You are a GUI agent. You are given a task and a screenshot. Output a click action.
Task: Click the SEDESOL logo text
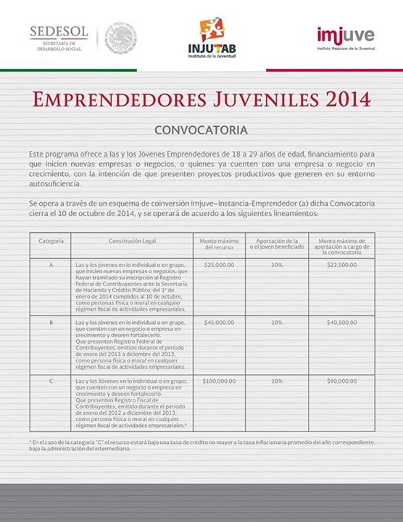pyautogui.click(x=59, y=32)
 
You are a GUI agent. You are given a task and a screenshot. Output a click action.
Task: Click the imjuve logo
pyautogui.click(x=344, y=36)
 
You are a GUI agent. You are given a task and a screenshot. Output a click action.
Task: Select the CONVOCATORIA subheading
pyautogui.click(x=201, y=131)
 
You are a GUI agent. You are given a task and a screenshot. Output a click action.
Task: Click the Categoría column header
pyautogui.click(x=51, y=240)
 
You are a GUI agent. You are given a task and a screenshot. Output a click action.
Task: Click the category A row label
pyautogui.click(x=51, y=265)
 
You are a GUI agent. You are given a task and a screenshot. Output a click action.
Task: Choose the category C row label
pyautogui.click(x=51, y=380)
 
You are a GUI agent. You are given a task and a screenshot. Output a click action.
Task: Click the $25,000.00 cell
pyautogui.click(x=219, y=265)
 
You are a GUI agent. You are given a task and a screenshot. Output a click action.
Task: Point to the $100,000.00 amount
pyautogui.click(x=219, y=380)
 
